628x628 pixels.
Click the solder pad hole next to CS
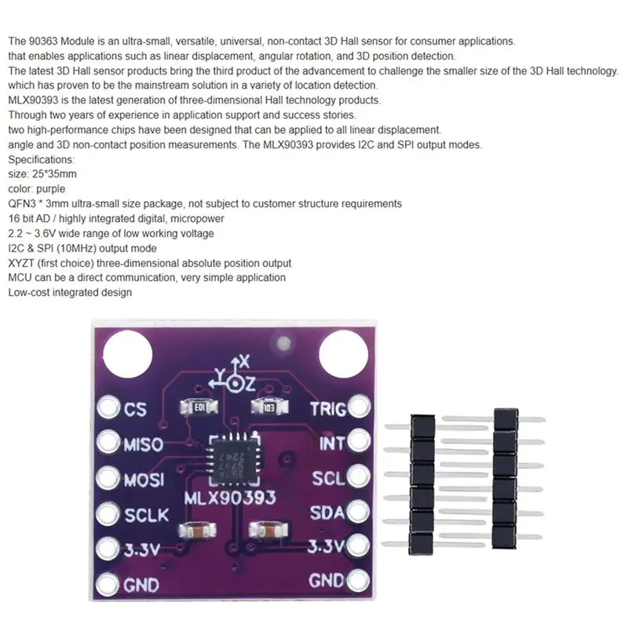[108, 407]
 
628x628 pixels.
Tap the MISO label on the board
[144, 444]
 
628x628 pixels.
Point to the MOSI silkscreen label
[144, 480]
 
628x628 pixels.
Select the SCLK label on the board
[147, 515]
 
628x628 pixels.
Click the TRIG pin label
[328, 409]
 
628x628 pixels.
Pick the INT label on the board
[332, 444]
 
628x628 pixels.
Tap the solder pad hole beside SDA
[358, 512]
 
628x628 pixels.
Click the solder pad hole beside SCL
[358, 476]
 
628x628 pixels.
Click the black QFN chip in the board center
[234, 458]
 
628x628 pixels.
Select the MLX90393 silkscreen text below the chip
[230, 498]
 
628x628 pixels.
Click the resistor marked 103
[269, 407]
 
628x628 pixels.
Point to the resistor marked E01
[199, 407]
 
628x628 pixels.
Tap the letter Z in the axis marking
[249, 384]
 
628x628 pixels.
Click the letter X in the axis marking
[244, 362]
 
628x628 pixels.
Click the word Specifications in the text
[42, 159]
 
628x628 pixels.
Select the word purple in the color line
[50, 189]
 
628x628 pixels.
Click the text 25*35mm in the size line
[54, 173]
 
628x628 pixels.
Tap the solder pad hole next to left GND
[108, 583]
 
